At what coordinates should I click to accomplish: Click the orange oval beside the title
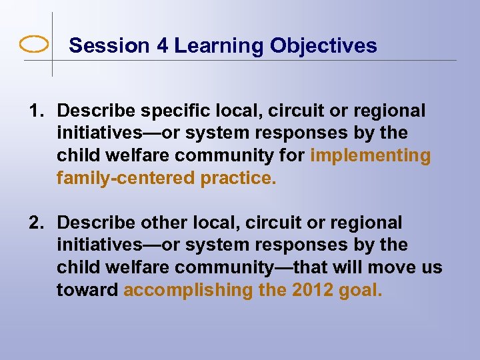click(34, 45)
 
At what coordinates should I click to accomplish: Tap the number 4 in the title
click(163, 45)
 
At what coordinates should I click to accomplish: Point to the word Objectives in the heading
click(325, 45)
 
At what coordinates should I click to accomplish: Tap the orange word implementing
click(371, 156)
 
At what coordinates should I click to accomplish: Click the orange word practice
click(237, 179)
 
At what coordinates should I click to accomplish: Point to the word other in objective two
click(158, 223)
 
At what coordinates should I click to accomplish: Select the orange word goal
click(361, 291)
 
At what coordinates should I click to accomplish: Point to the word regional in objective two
click(365, 223)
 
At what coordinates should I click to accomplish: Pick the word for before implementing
click(293, 156)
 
